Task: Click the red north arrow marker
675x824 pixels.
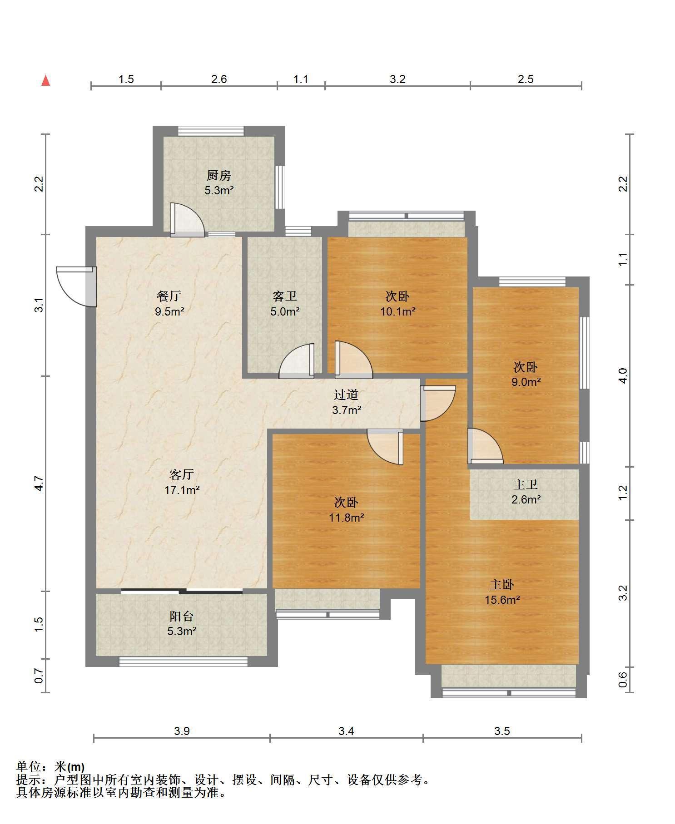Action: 45,81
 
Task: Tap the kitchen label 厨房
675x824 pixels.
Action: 219,175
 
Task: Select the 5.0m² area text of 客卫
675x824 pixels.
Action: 285,311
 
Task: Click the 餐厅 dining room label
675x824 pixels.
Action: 169,296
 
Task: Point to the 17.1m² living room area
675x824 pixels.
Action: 182,490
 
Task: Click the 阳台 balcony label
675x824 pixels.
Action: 182,616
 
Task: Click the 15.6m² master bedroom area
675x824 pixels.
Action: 502,600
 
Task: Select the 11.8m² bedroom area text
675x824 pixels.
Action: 347,517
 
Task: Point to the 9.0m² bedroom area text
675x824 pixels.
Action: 526,382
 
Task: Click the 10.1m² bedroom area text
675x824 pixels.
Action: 398,311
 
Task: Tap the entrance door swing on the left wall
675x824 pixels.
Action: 76,286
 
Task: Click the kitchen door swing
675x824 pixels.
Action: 187,220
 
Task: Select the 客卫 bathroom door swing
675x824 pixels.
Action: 297,361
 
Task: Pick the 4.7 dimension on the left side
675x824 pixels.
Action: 39,483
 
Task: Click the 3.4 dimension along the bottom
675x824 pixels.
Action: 346,730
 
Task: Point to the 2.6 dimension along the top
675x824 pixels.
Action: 219,79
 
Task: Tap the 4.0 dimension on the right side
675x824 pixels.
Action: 623,375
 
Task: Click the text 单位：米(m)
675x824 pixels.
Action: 50,767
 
